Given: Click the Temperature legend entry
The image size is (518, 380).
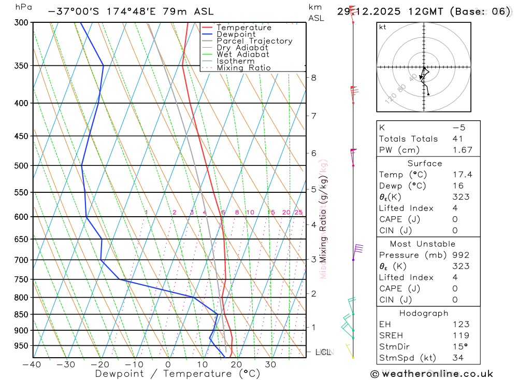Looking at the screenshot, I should (x=243, y=27).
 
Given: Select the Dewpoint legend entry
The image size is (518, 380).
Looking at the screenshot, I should (x=236, y=34).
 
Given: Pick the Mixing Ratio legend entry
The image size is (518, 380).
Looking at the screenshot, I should (x=243, y=68).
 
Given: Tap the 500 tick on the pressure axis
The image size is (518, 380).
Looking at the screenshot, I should (x=22, y=165).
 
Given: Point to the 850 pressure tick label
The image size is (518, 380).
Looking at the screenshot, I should (x=22, y=314).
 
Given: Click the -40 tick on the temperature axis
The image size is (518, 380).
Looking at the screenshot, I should (x=32, y=364).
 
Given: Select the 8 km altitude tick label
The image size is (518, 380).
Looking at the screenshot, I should (x=313, y=78).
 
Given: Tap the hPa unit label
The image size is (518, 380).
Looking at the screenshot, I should (x=23, y=7).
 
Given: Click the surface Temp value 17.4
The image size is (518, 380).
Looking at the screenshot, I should (x=463, y=175).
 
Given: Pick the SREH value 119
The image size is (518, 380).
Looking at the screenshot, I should (x=460, y=335).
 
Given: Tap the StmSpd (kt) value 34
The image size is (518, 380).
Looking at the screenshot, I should (x=457, y=357).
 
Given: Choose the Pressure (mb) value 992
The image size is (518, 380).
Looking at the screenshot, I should (x=460, y=255).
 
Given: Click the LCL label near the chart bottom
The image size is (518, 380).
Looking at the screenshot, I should (x=323, y=353).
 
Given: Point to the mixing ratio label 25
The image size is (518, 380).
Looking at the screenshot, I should (x=298, y=213).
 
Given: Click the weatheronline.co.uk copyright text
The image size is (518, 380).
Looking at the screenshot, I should (x=431, y=374).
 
